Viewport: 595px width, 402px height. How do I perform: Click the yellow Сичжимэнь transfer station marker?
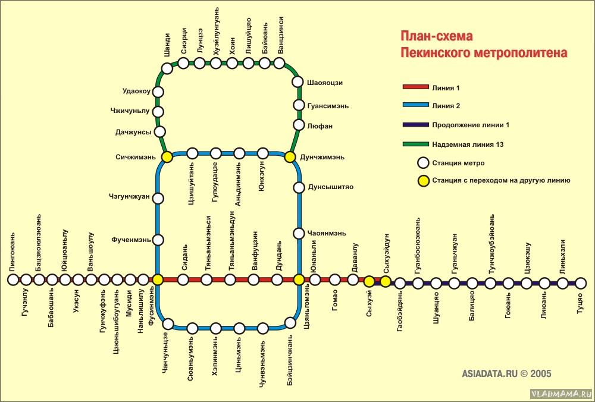tap(167, 156)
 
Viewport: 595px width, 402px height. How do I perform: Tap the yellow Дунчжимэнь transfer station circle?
tap(290, 156)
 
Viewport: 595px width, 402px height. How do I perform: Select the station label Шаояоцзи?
tap(325, 83)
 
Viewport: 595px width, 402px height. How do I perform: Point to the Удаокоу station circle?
tap(158, 92)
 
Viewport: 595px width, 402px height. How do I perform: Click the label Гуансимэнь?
tap(328, 106)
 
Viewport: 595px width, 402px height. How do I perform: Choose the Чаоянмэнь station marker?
tap(299, 233)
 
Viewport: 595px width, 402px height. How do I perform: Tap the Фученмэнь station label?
tap(131, 240)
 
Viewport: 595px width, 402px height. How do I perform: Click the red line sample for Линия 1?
tap(415, 87)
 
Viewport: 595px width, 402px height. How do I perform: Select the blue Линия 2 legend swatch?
tap(415, 105)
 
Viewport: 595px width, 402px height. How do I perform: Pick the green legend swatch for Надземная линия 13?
tap(415, 144)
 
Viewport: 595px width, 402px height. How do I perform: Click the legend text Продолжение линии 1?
tap(471, 125)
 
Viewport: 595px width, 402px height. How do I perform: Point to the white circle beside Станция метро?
tap(422, 163)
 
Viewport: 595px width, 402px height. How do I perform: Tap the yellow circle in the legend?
tap(422, 181)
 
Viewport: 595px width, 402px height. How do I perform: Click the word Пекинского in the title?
tap(436, 52)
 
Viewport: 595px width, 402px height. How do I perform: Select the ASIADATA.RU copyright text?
tap(506, 373)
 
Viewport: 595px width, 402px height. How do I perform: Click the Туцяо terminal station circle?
tap(581, 283)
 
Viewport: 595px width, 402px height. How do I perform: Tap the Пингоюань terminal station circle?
tap(13, 280)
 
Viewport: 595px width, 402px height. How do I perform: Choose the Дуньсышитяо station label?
tap(330, 187)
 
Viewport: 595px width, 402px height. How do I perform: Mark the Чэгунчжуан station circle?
tap(158, 198)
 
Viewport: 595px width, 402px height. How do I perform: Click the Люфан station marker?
tap(299, 125)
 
